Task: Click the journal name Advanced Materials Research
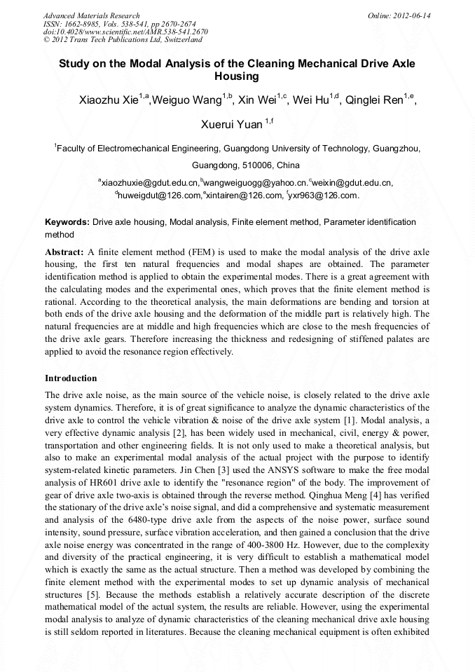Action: click(x=91, y=15)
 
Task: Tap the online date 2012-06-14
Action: click(x=411, y=15)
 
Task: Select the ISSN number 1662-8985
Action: click(x=85, y=23)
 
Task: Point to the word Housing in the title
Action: click(x=237, y=76)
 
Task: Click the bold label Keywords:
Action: click(x=67, y=222)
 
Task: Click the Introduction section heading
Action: click(x=71, y=378)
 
